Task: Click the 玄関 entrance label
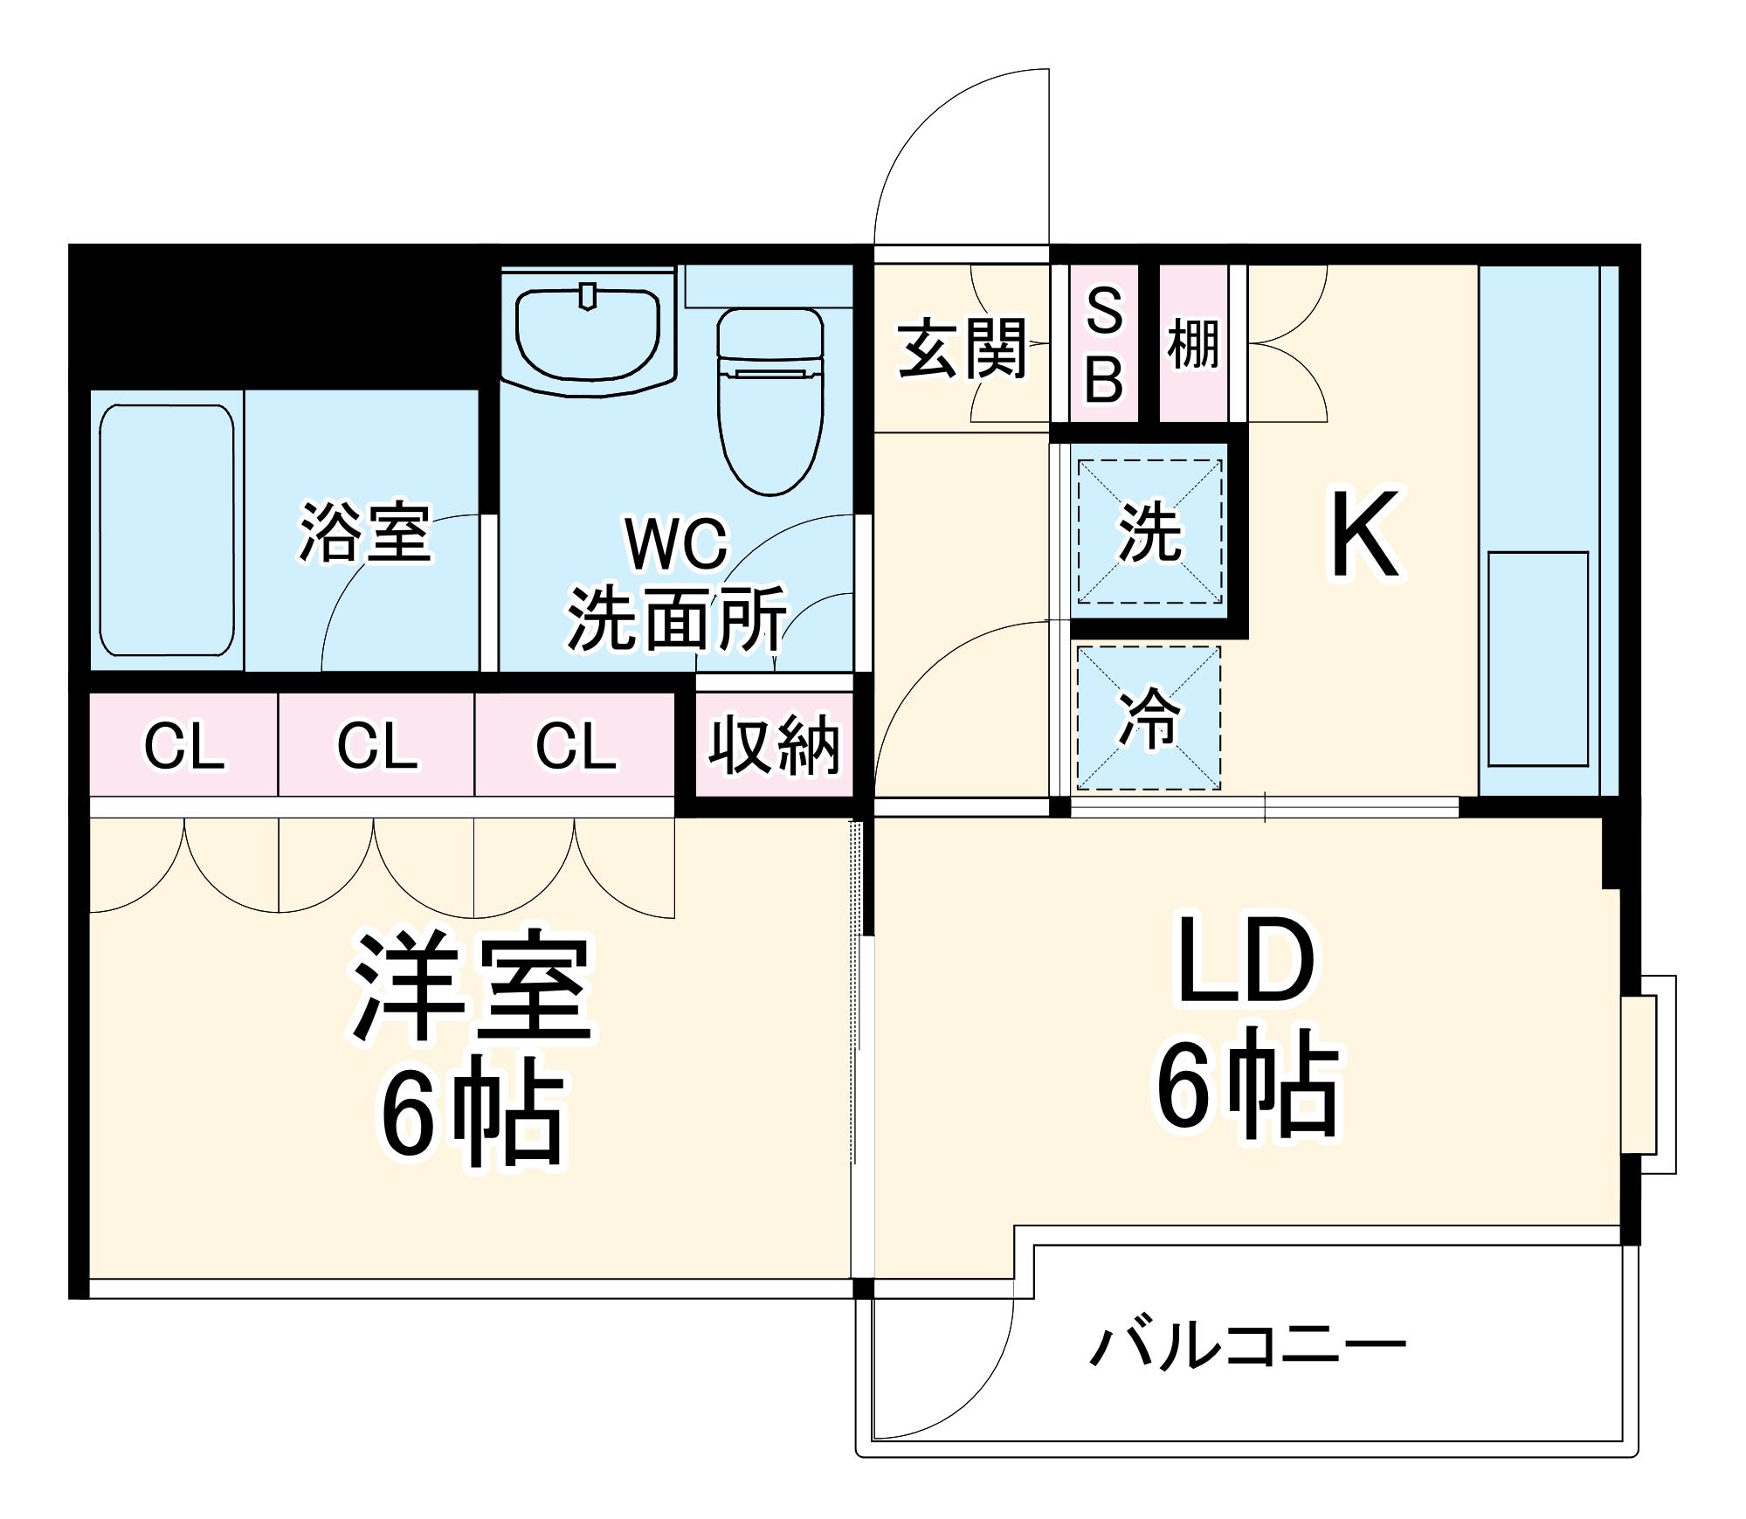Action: click(962, 349)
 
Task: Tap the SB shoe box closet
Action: click(1104, 344)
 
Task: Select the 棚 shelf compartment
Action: click(1193, 344)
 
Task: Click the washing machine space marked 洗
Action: click(1149, 532)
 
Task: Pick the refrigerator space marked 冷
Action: click(1149, 718)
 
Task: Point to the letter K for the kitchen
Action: click(1364, 535)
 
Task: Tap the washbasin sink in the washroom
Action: click(588, 336)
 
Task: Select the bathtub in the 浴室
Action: click(167, 530)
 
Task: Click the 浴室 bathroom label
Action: click(364, 532)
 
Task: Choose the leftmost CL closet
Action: click(184, 746)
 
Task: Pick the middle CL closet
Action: click(377, 746)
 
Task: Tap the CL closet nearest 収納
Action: click(575, 746)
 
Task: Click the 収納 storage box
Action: click(774, 746)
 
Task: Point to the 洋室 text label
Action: click(473, 986)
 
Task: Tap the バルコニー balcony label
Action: click(1247, 1344)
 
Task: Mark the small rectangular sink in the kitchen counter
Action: click(1538, 659)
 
